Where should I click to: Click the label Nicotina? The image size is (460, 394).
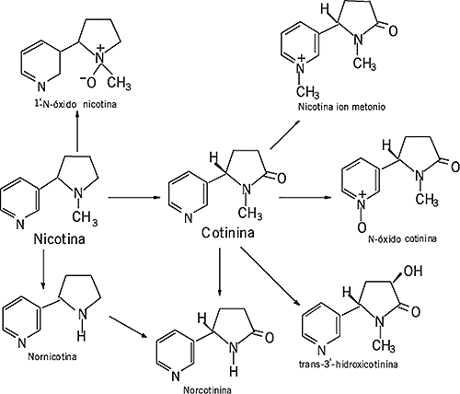59,239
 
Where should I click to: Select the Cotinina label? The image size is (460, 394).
228,233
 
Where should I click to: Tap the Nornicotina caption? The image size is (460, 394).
52,356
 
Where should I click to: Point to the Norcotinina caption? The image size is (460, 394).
207,389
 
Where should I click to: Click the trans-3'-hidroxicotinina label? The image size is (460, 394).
349,365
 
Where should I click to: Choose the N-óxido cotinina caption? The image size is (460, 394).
402,238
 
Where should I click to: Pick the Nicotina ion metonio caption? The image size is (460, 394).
341,107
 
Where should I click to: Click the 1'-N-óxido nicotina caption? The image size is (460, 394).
75,104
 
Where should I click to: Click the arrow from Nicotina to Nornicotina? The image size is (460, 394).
43,269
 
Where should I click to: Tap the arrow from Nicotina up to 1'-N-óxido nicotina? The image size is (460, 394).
76,131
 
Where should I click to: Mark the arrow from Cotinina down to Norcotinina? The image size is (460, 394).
220,272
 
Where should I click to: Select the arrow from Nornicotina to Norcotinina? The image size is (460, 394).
128,327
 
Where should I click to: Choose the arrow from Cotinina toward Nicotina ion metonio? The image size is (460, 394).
285,134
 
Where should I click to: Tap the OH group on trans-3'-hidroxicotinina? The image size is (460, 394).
413,271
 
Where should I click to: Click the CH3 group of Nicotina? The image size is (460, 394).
85,218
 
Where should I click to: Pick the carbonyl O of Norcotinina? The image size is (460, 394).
269,338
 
